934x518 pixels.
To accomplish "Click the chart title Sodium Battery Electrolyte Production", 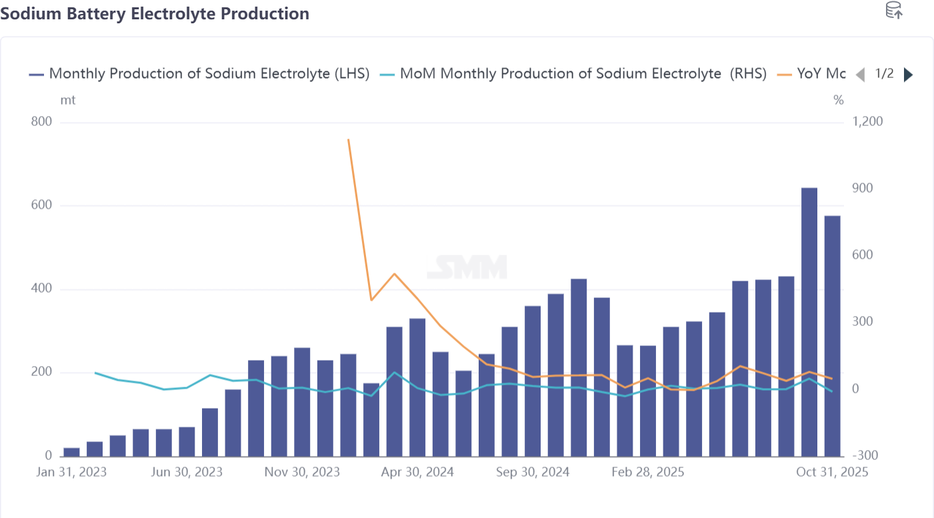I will [x=155, y=13].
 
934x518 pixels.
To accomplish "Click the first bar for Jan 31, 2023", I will [x=71, y=452].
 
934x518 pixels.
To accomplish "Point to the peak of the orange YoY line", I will [x=349, y=140].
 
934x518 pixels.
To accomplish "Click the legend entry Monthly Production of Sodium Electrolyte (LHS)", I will [x=199, y=74].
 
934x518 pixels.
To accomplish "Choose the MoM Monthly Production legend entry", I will [x=573, y=74].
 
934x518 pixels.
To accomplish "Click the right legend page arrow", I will [x=908, y=75].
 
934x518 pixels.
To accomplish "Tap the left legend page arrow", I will [x=860, y=75].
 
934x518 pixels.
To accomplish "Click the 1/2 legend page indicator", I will [x=884, y=74].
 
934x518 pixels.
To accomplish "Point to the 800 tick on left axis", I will [x=41, y=122].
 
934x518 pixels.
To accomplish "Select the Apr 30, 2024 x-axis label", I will [x=417, y=472].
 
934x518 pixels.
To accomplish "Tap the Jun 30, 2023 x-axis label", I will [x=187, y=472].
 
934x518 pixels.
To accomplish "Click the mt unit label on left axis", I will [x=68, y=100].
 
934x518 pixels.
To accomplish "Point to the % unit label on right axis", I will [x=838, y=100].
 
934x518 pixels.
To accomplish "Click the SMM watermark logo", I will [x=467, y=267].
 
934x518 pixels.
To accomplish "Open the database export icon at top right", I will [x=893, y=11].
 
